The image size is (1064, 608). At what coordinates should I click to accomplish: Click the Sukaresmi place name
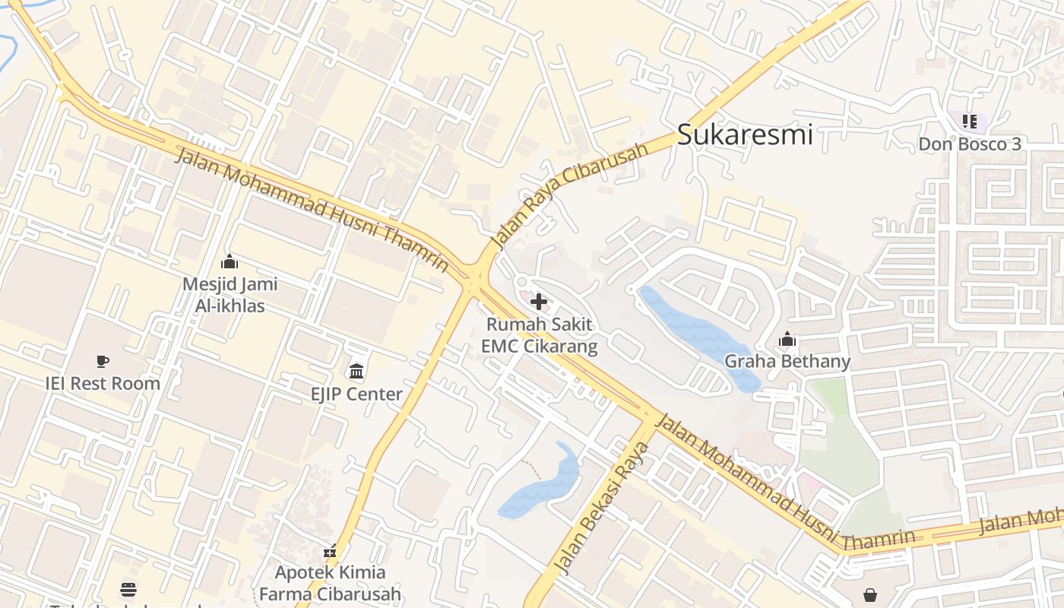745,135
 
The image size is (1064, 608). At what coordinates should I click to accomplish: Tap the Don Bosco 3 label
970,144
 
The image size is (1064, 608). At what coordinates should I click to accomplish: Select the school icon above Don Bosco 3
969,121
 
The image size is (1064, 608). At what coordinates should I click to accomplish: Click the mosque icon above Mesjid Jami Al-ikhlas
230,262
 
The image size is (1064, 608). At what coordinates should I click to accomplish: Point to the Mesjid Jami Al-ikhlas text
230,295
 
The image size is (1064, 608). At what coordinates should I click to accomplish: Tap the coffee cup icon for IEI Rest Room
103,361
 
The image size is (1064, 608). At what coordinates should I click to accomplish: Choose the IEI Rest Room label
103,383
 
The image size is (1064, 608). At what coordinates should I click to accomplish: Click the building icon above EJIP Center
356,372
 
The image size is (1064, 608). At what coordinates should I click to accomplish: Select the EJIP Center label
356,394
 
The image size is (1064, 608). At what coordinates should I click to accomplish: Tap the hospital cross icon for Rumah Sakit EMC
539,302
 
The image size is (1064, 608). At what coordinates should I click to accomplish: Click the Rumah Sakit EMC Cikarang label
539,335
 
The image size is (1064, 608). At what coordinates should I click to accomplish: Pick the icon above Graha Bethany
787,339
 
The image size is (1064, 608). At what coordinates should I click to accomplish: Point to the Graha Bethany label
787,361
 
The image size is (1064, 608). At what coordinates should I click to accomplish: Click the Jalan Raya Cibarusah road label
569,195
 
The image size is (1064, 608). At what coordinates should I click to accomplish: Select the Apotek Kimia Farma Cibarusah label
330,583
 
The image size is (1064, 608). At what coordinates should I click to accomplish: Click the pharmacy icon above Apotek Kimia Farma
330,551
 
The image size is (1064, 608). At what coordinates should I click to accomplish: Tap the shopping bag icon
870,594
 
